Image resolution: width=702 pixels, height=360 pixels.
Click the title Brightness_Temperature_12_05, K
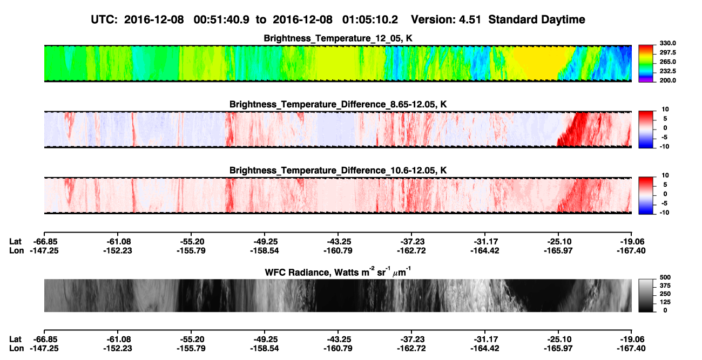tap(338, 38)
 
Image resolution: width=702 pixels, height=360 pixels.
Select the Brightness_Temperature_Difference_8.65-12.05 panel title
tap(338, 104)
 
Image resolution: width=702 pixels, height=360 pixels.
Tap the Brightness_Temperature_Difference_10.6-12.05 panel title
tap(338, 171)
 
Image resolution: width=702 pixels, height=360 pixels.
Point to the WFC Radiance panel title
tap(338, 271)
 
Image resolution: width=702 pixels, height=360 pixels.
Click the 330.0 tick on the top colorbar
tap(667, 43)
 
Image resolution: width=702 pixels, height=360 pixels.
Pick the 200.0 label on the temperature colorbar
tap(667, 80)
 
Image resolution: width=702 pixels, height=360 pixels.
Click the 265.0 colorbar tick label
tap(667, 62)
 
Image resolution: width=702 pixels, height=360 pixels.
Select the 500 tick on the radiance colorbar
tap(665, 277)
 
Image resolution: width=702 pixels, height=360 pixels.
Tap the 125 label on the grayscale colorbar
tap(665, 302)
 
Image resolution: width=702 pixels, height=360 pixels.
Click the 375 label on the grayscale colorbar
tap(665, 286)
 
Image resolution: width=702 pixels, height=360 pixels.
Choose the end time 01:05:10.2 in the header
tap(370, 20)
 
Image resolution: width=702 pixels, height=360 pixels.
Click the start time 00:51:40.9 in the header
tap(221, 20)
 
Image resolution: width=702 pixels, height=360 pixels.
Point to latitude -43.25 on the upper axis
tap(338, 242)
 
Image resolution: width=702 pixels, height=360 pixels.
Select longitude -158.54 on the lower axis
tap(265, 349)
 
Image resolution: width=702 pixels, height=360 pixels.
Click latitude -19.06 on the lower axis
tap(631, 339)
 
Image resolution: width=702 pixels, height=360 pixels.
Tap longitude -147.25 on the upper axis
tap(44, 250)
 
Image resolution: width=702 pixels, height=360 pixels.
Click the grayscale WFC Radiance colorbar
tap(646, 295)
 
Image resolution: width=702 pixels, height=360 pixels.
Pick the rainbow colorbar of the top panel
tap(646, 64)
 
